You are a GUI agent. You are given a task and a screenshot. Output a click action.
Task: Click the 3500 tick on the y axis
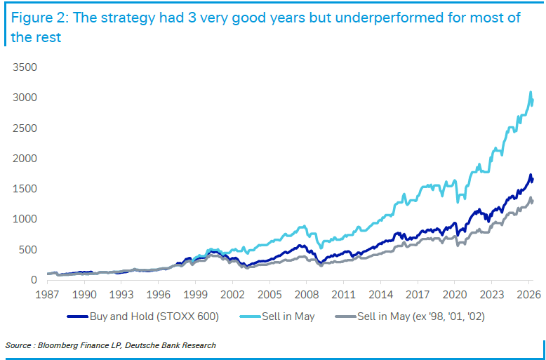pyautogui.click(x=25, y=67)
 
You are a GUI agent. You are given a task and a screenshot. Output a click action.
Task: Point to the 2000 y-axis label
pyautogui.click(x=25, y=159)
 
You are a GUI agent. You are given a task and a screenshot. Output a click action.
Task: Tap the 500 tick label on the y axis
pyautogui.click(x=28, y=250)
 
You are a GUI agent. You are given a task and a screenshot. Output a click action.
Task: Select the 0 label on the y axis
pyautogui.click(x=34, y=280)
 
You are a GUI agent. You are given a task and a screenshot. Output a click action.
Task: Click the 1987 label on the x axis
pyautogui.click(x=48, y=295)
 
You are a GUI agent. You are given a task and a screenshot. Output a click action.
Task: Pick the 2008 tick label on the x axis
pyautogui.click(x=306, y=295)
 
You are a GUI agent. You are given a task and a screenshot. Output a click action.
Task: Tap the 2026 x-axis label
pyautogui.click(x=528, y=295)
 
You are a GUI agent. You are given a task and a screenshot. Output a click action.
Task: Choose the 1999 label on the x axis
pyautogui.click(x=195, y=295)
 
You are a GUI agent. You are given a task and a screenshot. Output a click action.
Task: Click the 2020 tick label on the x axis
pyautogui.click(x=454, y=295)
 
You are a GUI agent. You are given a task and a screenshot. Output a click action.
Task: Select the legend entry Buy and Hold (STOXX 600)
pyautogui.click(x=142, y=316)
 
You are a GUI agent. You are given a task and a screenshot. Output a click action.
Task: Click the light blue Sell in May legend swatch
pyautogui.click(x=250, y=316)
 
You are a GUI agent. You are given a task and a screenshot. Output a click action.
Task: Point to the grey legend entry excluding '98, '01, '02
pyautogui.click(x=410, y=316)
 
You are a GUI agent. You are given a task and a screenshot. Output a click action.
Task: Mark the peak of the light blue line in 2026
pyautogui.click(x=531, y=92)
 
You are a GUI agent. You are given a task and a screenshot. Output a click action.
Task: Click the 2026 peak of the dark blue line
pyautogui.click(x=531, y=175)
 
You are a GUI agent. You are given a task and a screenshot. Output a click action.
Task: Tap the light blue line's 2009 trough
pyautogui.click(x=321, y=248)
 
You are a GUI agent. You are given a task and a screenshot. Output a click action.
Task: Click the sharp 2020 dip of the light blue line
pyautogui.click(x=458, y=202)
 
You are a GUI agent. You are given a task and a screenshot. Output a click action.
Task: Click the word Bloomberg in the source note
pyautogui.click(x=53, y=345)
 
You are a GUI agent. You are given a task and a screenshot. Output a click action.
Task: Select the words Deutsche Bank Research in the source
pyautogui.click(x=171, y=345)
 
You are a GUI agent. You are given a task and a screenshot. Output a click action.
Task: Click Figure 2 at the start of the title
pyautogui.click(x=39, y=18)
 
